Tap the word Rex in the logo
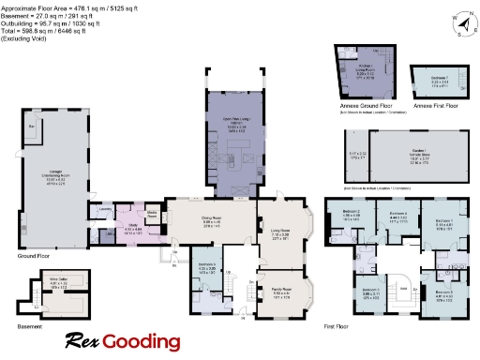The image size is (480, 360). coord(83,341)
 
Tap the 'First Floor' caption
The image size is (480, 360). coord(337,327)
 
